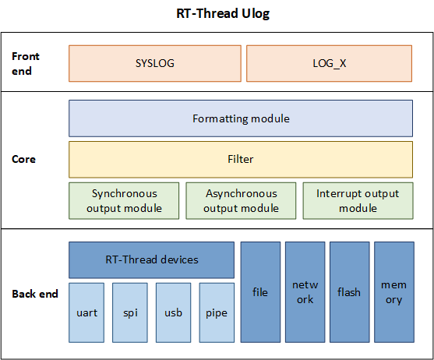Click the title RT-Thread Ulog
[217, 14]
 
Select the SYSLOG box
[154, 63]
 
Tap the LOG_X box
[330, 63]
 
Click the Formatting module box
[241, 118]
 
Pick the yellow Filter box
[241, 159]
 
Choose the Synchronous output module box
[124, 200]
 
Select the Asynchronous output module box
[241, 200]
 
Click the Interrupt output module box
[358, 200]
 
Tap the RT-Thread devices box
[151, 259]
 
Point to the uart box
[86, 312]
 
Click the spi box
[129, 312]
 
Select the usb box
[173, 312]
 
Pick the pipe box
[216, 312]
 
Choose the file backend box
[260, 292]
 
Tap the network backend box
[305, 292]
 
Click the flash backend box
[349, 292]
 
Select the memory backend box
[393, 292]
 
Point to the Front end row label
[26, 62]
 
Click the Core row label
[24, 159]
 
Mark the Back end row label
[35, 294]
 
